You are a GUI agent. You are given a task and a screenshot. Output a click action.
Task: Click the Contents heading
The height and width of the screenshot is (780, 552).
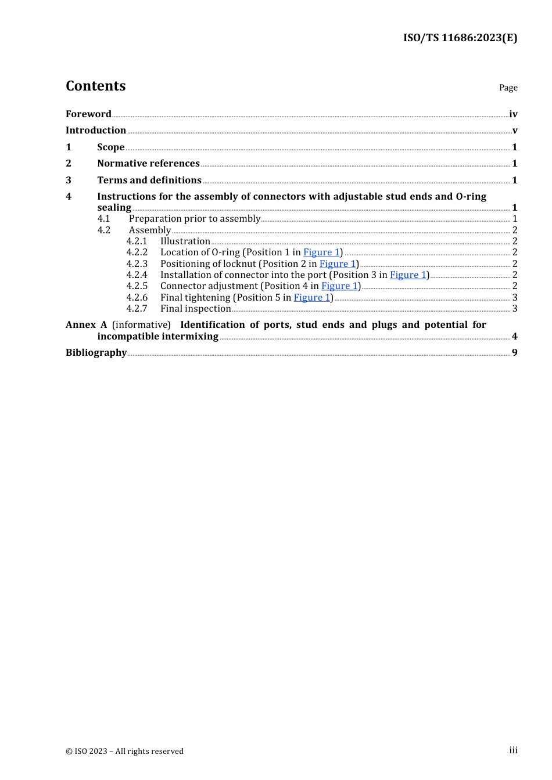coord(95,86)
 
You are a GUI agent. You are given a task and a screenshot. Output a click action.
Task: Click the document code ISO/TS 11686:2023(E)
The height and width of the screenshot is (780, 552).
coord(460,38)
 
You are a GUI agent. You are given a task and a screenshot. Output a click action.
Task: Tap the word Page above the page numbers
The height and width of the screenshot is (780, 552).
coord(508,88)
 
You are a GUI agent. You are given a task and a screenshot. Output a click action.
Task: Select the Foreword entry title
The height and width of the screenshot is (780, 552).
coord(88,114)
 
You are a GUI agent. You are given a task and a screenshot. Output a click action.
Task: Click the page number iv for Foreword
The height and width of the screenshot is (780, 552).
coord(513,114)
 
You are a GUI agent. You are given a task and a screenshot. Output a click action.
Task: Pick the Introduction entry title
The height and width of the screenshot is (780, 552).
coord(96,130)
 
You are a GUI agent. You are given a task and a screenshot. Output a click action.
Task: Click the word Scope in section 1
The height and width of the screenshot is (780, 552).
coord(110,147)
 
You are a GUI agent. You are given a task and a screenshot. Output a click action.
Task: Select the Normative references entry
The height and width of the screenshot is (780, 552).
coord(148,163)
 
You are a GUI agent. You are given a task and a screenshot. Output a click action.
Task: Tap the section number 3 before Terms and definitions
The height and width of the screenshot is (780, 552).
coord(69,180)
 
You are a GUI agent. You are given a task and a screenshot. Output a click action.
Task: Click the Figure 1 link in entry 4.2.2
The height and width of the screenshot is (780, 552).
coord(321,252)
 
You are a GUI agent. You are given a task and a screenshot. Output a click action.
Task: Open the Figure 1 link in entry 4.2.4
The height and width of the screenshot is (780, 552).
coord(408,275)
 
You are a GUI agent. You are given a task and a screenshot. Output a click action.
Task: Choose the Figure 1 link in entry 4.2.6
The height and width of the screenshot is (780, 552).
coord(312,297)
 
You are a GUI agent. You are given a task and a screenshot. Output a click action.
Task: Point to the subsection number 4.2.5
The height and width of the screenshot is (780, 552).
coord(137,286)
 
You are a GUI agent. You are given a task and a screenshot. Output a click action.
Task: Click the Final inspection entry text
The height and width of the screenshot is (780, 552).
coord(195,308)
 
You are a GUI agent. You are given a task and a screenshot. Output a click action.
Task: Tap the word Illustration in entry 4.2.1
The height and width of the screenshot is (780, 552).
coord(185,241)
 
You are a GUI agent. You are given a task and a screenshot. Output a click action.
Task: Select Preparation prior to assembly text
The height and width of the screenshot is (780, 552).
coord(194,218)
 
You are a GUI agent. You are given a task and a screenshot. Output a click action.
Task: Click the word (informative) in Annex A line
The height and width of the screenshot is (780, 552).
coord(141,324)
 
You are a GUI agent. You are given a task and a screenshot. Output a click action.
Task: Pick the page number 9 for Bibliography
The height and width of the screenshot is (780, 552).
coord(514,352)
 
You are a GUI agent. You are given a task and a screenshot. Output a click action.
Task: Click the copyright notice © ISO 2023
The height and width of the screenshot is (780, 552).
coord(124,751)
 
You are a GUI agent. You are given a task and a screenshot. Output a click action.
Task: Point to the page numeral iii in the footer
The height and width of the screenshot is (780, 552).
coord(513,750)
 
